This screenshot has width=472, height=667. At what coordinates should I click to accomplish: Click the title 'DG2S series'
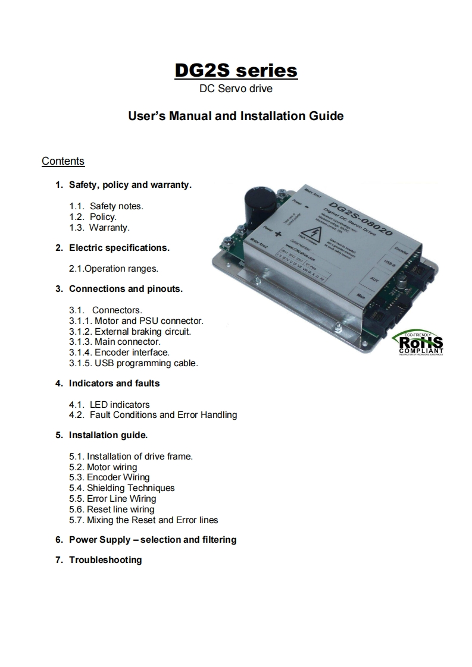236,70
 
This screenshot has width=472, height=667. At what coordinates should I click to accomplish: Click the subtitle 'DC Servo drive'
236,90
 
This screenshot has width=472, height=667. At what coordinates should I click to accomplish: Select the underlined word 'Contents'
63,161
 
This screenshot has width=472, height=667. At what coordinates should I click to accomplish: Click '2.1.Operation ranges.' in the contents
114,269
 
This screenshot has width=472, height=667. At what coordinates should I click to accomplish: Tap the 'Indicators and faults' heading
114,383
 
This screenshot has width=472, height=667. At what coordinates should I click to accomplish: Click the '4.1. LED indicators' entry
110,405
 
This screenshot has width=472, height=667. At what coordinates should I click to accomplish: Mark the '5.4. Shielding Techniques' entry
122,488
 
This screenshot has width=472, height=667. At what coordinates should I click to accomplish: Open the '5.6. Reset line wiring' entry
112,509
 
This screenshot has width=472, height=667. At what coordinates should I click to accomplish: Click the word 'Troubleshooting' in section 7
105,560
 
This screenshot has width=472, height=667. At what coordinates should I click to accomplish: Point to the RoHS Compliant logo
421,343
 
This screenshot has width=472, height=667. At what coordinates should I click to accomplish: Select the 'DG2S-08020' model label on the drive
360,216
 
